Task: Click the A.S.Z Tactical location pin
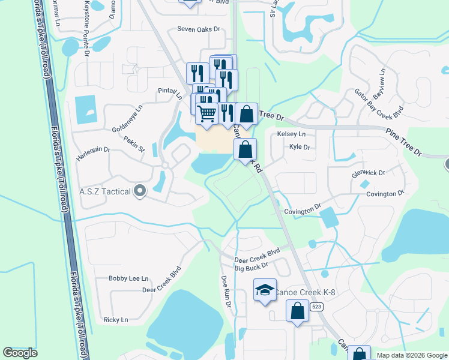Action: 140,191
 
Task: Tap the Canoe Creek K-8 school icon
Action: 264,290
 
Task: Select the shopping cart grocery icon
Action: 207,112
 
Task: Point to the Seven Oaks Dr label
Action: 199,29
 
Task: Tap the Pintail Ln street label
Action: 170,92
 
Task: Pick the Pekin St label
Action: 134,143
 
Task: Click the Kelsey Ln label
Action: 291,134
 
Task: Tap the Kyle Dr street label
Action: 300,147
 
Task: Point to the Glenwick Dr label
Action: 369,173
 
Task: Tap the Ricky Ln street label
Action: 115,320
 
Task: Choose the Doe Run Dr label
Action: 226,291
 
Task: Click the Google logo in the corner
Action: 20,353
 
